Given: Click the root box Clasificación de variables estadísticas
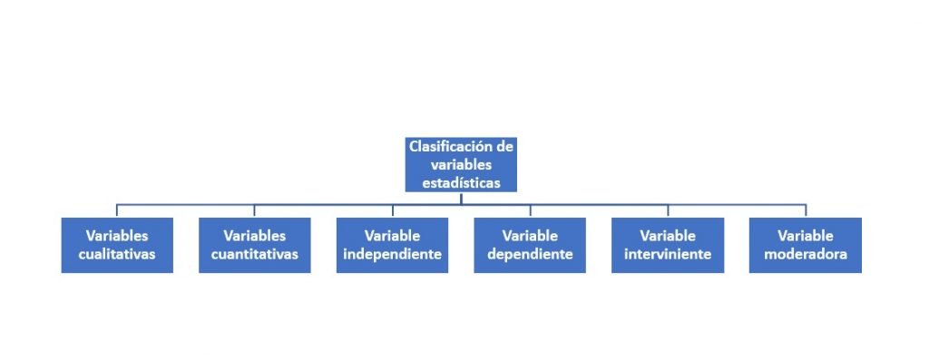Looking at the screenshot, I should (461, 164).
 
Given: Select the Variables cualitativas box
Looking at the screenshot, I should (117, 245).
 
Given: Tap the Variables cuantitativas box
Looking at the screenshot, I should (254, 245).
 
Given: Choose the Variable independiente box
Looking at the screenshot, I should (392, 245).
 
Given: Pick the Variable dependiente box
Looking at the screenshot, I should (530, 245).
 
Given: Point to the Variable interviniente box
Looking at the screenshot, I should (668, 245).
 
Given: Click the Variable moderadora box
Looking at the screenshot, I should (806, 245).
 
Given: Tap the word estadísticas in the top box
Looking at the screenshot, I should (461, 182).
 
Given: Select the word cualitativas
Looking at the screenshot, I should (117, 254).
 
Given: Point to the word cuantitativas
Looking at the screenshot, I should (254, 254).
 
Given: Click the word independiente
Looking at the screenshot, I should (392, 254).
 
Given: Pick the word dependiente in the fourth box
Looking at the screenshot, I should (530, 254).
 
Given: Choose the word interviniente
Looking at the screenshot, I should (668, 254).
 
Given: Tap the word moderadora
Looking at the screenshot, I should (806, 254).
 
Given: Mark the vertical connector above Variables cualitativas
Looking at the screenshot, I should (117, 210).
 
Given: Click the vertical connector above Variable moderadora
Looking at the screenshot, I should (806, 210).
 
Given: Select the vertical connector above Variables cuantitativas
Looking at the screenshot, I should (254, 210).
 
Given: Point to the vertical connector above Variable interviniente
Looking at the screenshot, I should (668, 210).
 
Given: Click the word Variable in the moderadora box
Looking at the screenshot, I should (806, 236).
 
